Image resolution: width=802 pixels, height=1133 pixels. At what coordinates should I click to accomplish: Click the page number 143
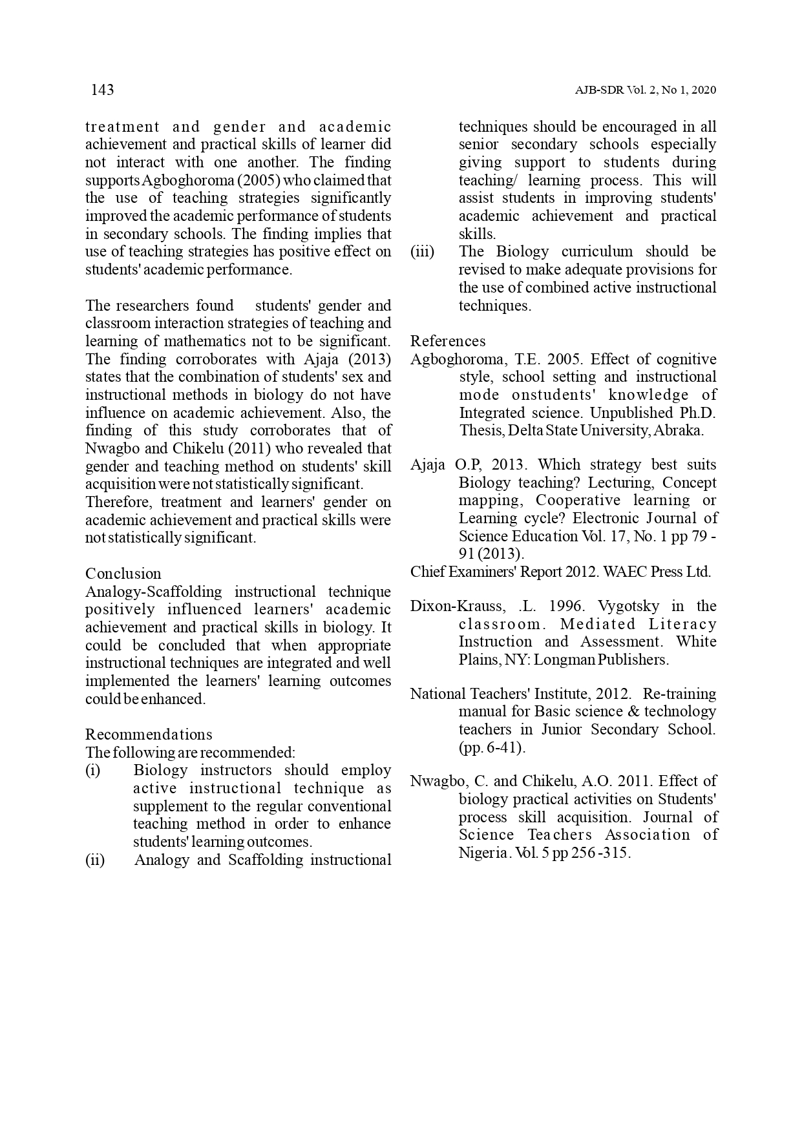pos(102,90)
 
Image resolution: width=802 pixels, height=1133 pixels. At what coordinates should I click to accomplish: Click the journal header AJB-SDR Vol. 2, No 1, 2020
pos(645,90)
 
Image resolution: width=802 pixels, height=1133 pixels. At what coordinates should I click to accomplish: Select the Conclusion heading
pos(123,574)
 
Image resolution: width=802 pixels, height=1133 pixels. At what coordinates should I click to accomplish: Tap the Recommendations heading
pos(149,734)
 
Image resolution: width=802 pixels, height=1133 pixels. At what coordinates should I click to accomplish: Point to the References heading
pos(448,341)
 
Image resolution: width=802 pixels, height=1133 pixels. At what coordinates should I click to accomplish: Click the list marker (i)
pos(93,771)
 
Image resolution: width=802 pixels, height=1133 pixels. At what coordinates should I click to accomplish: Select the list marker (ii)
pos(95,860)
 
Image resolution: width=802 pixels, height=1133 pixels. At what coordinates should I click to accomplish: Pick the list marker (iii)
pos(423,251)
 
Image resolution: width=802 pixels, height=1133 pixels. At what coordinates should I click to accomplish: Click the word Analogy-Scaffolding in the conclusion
pos(153,592)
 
